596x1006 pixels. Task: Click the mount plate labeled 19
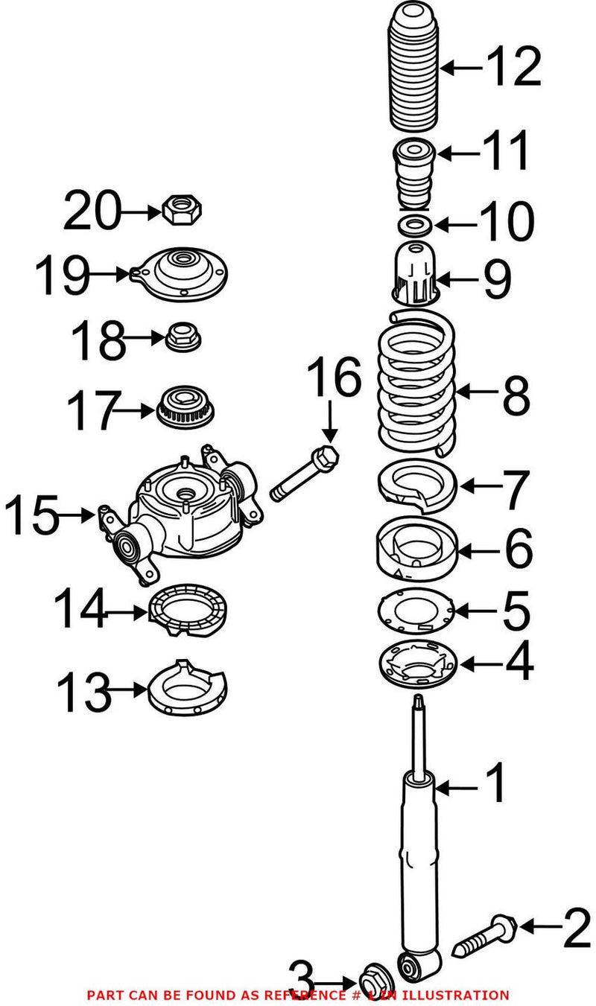[180, 275]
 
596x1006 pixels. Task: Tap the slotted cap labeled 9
[413, 274]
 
